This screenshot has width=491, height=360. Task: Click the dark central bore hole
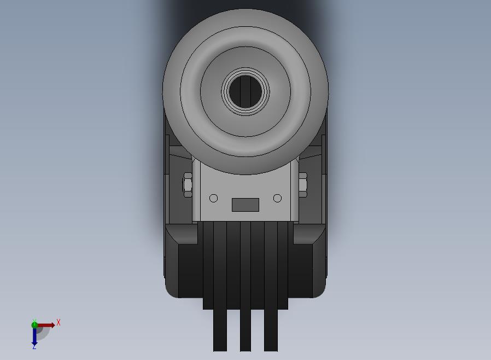coord(245,91)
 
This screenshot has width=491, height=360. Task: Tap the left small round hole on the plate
coord(214,199)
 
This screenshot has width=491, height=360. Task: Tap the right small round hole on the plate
coord(277,199)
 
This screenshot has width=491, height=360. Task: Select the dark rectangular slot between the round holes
coord(245,205)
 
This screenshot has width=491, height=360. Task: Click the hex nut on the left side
coord(187,184)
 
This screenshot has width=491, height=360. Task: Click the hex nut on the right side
coord(303,184)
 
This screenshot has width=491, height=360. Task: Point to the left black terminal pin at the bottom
coord(220,330)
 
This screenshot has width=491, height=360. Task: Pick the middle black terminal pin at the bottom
coord(245,330)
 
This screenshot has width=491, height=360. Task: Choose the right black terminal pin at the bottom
coord(271,330)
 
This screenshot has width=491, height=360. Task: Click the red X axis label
coord(59,322)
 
